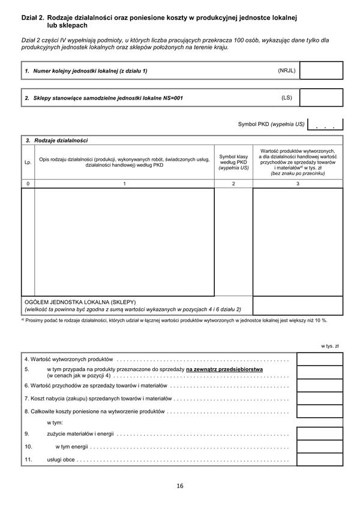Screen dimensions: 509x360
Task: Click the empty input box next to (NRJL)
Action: pyautogui.click(x=321, y=71)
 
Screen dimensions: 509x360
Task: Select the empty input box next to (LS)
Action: pyautogui.click(x=321, y=98)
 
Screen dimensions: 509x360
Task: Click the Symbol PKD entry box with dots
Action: pyautogui.click(x=325, y=124)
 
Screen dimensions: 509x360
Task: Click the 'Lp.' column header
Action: pyautogui.click(x=28, y=162)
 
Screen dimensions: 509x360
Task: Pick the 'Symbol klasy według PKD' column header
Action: pyautogui.click(x=233, y=162)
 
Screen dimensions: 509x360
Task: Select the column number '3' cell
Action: pyautogui.click(x=298, y=183)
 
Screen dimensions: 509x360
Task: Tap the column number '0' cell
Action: pyautogui.click(x=28, y=183)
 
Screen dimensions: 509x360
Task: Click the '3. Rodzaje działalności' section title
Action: pyautogui.click(x=56, y=140)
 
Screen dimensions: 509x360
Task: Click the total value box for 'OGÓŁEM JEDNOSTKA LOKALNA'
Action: pyautogui.click(x=298, y=305)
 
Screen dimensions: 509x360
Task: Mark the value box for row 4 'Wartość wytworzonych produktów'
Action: pyautogui.click(x=320, y=359)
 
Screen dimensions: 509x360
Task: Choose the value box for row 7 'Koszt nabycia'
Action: pyautogui.click(x=320, y=398)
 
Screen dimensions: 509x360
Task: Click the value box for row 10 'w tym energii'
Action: pyautogui.click(x=320, y=446)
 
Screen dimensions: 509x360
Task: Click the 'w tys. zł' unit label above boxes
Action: pyautogui.click(x=330, y=346)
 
